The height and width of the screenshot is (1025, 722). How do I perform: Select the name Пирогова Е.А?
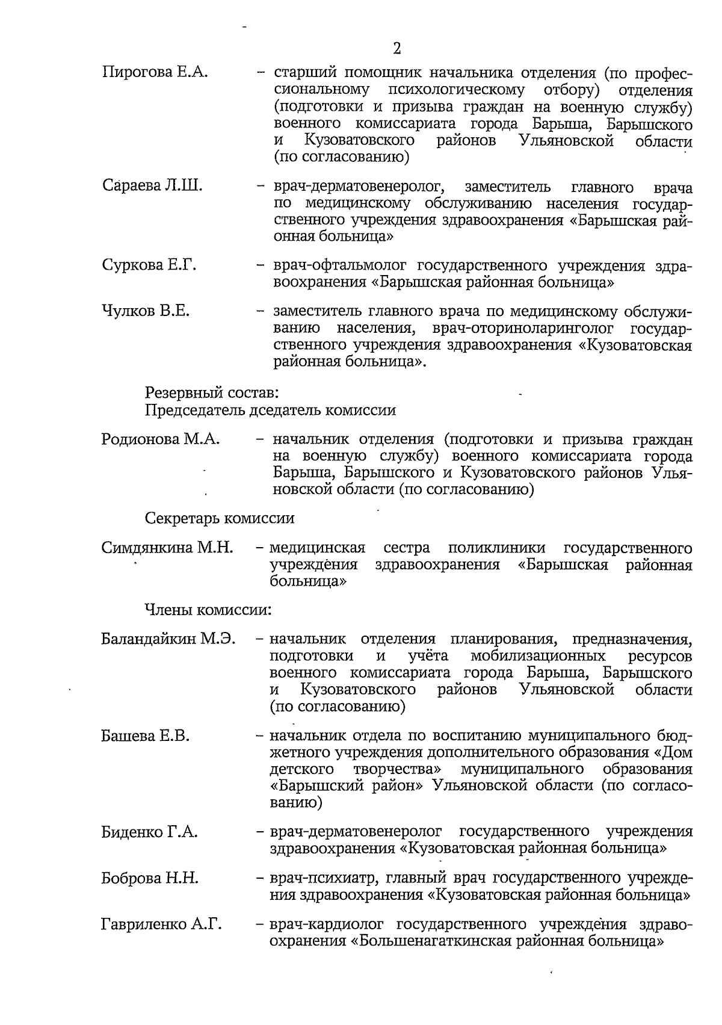155,73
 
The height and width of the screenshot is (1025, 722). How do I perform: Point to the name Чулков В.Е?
146,311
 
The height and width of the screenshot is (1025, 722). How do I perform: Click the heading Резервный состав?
212,393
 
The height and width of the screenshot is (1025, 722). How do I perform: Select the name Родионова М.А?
161,439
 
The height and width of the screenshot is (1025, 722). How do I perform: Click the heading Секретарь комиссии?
220,518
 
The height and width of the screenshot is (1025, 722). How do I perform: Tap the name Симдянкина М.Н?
167,548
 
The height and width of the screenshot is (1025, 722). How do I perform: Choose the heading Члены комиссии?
208,610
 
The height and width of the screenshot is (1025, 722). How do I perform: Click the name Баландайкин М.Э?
168,638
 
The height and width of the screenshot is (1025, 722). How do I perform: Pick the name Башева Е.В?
145,735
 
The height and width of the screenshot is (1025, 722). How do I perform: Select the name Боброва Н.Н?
150,878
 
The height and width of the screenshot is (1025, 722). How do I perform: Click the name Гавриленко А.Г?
161,924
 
